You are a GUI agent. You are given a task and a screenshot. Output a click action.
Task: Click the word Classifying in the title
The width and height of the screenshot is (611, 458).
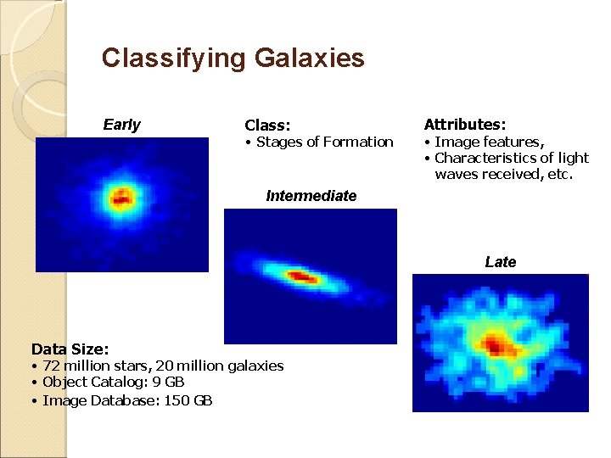point(174,58)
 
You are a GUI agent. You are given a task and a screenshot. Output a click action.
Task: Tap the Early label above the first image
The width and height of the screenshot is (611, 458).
point(121,125)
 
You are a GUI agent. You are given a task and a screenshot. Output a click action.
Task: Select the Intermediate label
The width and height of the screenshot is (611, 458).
point(311,196)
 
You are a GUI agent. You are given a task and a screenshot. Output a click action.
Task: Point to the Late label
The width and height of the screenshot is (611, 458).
point(500,262)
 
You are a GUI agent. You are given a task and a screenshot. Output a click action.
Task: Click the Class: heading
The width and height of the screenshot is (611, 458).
point(266,126)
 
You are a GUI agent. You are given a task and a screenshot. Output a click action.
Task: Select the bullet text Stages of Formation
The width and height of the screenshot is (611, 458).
point(324,142)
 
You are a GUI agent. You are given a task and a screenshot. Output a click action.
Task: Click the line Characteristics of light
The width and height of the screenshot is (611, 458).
point(511,158)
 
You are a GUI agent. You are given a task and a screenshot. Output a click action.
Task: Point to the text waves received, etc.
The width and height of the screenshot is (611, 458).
point(504,174)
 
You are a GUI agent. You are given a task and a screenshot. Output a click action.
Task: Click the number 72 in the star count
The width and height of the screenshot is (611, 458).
point(50,366)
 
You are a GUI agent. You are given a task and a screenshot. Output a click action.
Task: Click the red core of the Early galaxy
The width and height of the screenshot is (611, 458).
point(121,200)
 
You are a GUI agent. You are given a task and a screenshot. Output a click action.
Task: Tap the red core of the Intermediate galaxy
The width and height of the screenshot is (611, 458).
point(301,276)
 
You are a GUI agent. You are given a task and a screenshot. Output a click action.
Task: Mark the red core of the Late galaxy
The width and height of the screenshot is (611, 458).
point(496,344)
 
